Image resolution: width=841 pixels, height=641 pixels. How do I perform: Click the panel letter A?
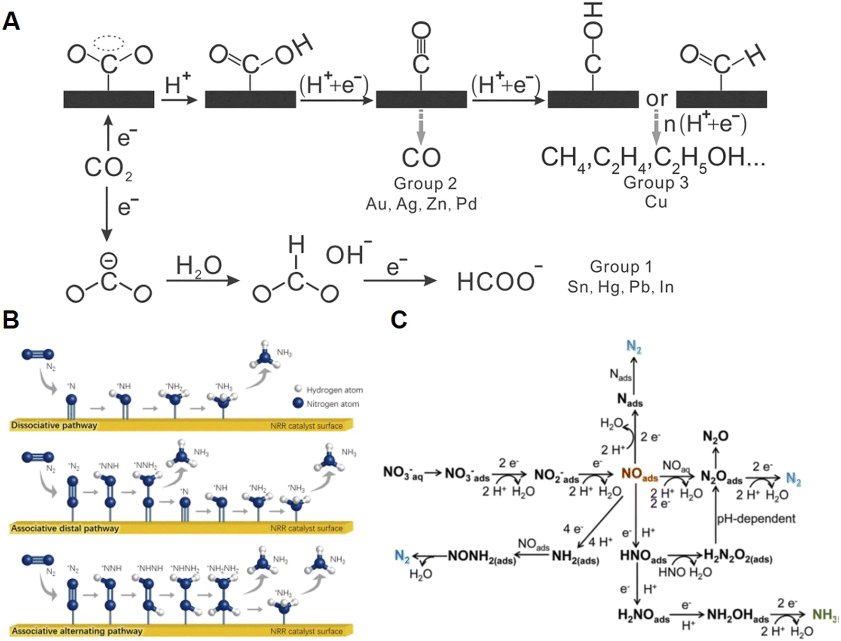[x=11, y=21]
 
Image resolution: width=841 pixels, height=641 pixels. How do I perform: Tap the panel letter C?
[x=399, y=320]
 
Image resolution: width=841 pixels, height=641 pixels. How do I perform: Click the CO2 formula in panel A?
[x=108, y=169]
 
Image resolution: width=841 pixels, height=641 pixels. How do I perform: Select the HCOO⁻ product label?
[x=498, y=281]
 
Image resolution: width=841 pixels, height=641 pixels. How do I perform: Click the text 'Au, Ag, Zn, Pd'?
[x=421, y=204]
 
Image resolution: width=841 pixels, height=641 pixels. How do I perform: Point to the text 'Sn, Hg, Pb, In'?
[x=620, y=287]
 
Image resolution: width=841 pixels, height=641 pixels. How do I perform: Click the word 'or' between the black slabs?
[x=657, y=99]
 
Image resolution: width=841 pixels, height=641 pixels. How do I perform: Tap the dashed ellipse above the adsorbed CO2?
[x=109, y=43]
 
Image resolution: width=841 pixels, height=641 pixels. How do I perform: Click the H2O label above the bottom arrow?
[x=199, y=266]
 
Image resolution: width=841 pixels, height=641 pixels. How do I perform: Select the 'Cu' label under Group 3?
[x=656, y=202]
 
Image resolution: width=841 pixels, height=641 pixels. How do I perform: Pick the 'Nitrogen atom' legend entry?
[x=332, y=404]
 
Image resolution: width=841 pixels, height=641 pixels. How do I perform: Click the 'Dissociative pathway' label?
[x=54, y=425]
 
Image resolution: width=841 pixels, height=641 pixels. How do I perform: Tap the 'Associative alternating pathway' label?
[x=77, y=631]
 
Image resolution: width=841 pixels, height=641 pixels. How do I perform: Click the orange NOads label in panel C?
[x=639, y=474]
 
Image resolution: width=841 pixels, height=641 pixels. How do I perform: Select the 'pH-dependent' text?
[x=756, y=518]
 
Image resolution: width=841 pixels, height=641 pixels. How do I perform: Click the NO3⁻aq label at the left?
[x=402, y=473]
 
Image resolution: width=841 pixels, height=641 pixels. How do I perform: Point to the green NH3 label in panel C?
[x=825, y=615]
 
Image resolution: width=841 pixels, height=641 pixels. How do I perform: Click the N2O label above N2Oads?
[x=715, y=436]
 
